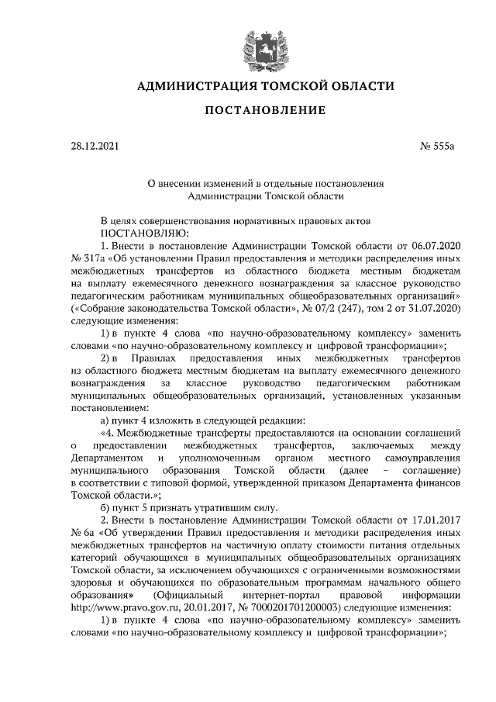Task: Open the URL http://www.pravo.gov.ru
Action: click(x=122, y=606)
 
